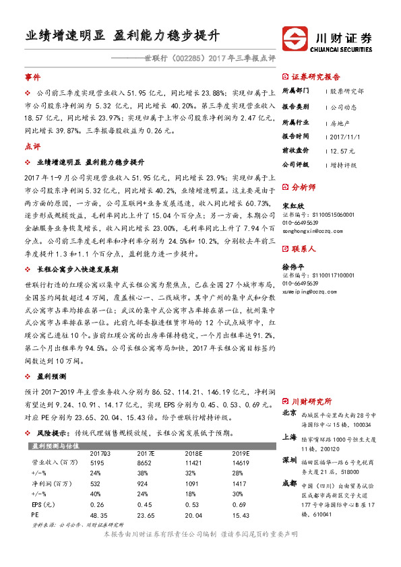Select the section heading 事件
click(x=32, y=78)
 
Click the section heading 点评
click(x=32, y=145)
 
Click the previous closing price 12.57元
click(x=342, y=149)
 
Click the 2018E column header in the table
click(x=195, y=454)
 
